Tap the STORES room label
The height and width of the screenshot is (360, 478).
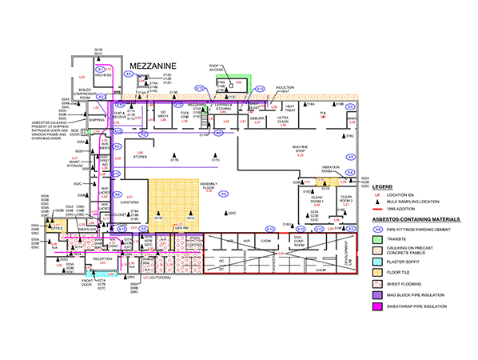pyautogui.click(x=141, y=157)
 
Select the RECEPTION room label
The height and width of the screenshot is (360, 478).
pyautogui.click(x=102, y=259)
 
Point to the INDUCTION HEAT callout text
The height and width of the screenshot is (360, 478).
pyautogui.click(x=285, y=89)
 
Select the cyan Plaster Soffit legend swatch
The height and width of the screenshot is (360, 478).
pyautogui.click(x=381, y=260)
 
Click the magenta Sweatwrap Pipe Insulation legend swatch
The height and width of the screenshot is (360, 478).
pyautogui.click(x=381, y=306)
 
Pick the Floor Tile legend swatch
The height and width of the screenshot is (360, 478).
pyautogui.click(x=381, y=271)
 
